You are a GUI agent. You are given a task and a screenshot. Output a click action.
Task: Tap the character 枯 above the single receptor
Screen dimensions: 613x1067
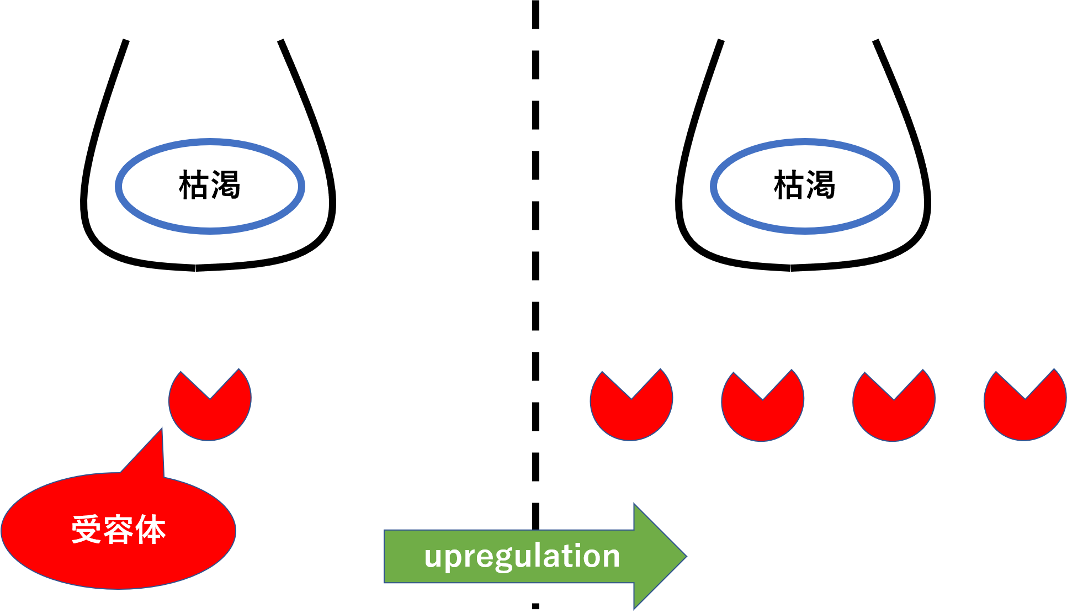tap(194, 185)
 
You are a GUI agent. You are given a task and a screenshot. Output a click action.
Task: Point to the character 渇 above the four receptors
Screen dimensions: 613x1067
tap(821, 185)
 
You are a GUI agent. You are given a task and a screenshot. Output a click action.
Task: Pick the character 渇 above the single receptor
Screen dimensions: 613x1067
tap(225, 185)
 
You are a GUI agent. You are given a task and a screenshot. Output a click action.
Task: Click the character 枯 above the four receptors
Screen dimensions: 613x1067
tap(789, 185)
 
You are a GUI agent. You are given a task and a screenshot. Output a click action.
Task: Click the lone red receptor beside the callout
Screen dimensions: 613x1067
tap(210, 414)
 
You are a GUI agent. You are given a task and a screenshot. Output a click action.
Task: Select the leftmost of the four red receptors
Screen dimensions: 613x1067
tap(631, 414)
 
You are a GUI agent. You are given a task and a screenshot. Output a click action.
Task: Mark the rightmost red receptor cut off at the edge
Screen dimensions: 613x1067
tap(1025, 414)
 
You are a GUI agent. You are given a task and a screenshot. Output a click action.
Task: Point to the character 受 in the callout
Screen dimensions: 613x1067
tap(86, 530)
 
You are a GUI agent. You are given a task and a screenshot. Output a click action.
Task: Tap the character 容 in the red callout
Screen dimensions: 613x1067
tap(118, 530)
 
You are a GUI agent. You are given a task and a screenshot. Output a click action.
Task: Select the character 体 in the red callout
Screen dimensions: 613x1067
tap(151, 530)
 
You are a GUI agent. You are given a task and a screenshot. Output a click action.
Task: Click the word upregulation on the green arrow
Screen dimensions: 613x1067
tap(522, 556)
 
